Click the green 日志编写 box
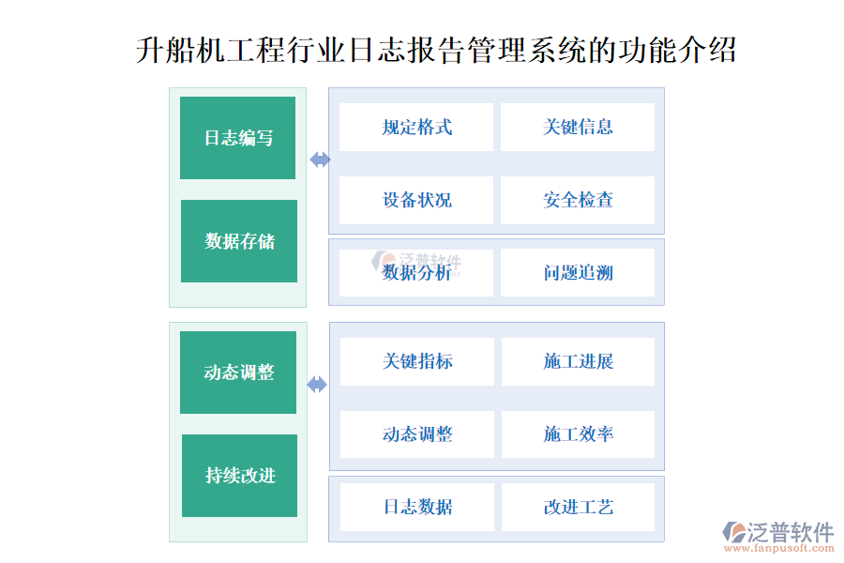click(237, 138)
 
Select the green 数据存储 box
click(239, 241)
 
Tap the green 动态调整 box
click(238, 373)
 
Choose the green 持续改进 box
click(239, 476)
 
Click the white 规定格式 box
click(416, 128)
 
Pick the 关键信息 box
click(578, 128)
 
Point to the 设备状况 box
click(416, 200)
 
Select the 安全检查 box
click(578, 200)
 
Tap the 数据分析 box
click(416, 273)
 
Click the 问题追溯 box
click(578, 273)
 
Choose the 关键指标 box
click(417, 361)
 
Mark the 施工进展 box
click(578, 361)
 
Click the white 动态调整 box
click(417, 434)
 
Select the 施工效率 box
click(578, 434)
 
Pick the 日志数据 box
click(417, 507)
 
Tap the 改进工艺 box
click(578, 507)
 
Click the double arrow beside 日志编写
click(321, 160)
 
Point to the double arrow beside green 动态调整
click(317, 385)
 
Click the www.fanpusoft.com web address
click(779, 548)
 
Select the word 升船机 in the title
click(181, 51)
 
